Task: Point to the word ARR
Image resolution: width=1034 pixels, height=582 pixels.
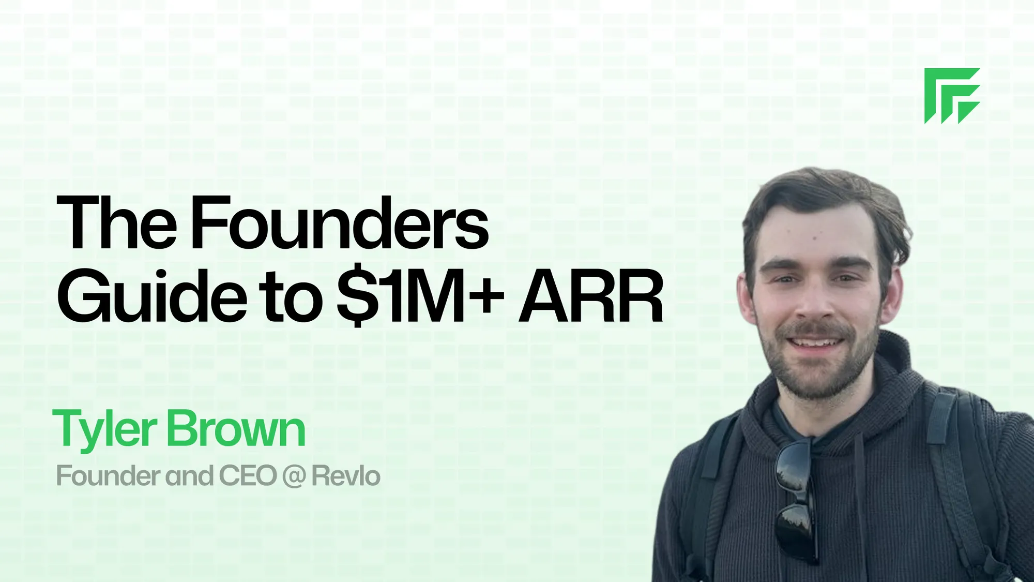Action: (x=591, y=297)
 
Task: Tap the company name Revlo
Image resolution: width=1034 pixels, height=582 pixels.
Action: (x=346, y=476)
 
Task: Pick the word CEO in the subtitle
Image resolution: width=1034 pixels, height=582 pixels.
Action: (x=248, y=476)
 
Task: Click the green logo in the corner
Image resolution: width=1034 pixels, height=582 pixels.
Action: (x=952, y=96)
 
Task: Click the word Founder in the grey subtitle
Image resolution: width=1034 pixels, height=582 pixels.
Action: (x=108, y=476)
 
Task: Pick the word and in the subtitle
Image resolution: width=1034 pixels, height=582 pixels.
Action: (x=190, y=476)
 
